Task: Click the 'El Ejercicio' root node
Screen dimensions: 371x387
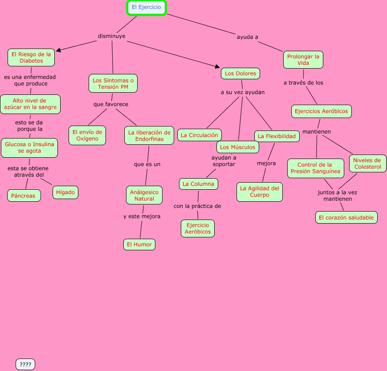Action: point(147,8)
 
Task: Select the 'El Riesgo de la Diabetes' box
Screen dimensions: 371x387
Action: point(31,57)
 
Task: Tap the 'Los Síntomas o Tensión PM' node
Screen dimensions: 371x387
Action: point(113,84)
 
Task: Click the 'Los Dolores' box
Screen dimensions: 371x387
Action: point(240,73)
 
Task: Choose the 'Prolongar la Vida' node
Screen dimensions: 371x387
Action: point(303,60)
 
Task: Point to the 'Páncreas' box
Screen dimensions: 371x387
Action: point(24,196)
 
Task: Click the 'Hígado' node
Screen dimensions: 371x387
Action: point(65,192)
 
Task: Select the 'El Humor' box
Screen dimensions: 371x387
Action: point(139,245)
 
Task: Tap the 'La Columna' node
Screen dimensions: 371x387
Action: point(198,184)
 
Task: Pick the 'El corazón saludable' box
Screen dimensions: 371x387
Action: point(346,218)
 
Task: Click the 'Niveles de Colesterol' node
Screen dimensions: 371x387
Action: point(368,163)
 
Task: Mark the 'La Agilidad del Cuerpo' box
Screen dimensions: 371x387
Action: point(260,192)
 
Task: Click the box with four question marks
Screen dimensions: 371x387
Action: point(25,364)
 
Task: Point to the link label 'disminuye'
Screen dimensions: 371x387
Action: point(112,36)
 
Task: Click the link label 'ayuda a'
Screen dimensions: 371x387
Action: point(248,37)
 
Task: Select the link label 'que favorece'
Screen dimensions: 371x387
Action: point(111,104)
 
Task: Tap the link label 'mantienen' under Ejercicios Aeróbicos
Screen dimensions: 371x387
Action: point(317,132)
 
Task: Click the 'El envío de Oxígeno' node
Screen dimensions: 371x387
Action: point(87,135)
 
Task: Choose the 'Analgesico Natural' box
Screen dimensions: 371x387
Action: point(144,196)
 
